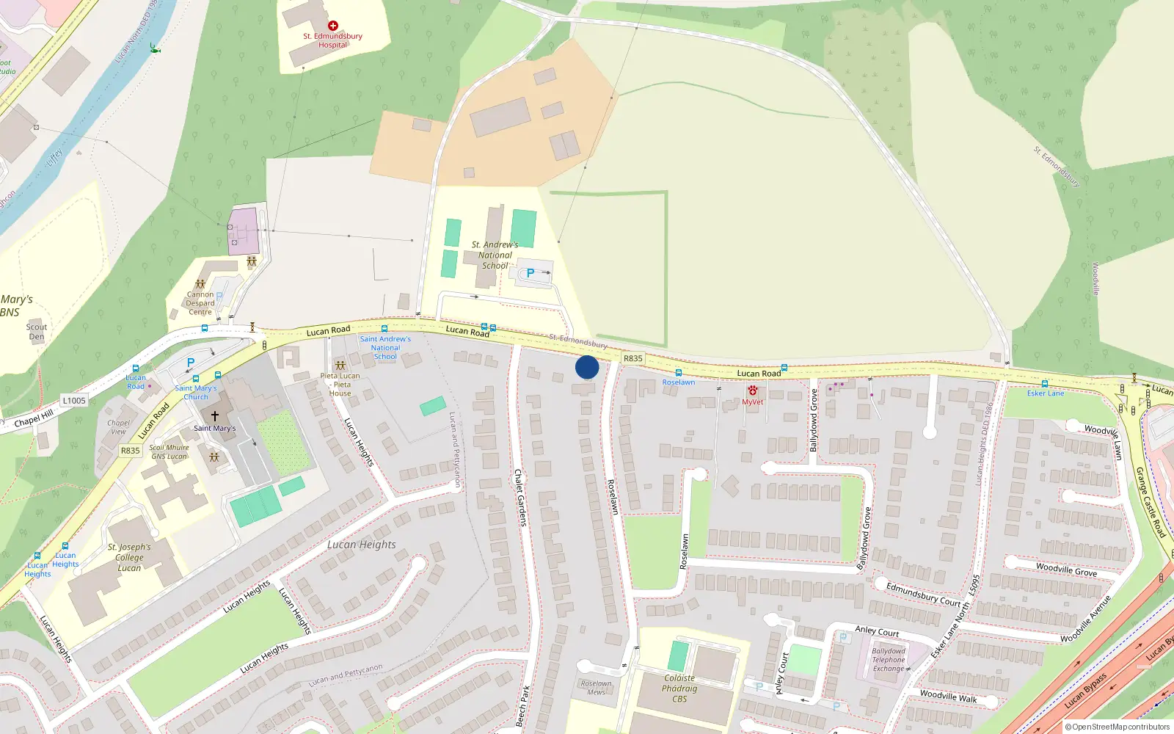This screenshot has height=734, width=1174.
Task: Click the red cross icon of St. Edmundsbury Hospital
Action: coord(333,26)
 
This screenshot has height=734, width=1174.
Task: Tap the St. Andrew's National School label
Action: coord(495,255)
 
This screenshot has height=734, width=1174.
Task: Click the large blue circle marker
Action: coord(587,367)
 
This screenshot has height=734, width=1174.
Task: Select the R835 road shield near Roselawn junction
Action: coord(632,358)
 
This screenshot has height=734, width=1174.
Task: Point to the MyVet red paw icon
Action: coord(752,390)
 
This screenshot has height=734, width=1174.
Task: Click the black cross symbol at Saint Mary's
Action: coord(214,415)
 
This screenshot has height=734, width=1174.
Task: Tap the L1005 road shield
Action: coord(74,400)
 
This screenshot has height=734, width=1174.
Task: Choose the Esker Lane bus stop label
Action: coord(1045,393)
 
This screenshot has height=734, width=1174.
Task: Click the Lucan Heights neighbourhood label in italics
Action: coord(362,545)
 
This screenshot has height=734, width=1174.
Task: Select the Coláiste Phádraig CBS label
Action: coord(679,688)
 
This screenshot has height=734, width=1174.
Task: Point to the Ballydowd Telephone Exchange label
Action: coord(889,660)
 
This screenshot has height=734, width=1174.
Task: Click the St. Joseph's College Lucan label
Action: coord(129,557)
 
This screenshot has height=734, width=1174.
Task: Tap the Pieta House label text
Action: coord(340,384)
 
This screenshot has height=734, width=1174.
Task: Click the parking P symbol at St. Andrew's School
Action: coord(531,273)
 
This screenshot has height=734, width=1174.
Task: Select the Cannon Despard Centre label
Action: coord(200,303)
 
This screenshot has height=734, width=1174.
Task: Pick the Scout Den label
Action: coord(37,332)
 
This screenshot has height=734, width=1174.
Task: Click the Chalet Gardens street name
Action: coord(520,497)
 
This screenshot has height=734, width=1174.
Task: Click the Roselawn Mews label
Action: coord(596,688)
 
